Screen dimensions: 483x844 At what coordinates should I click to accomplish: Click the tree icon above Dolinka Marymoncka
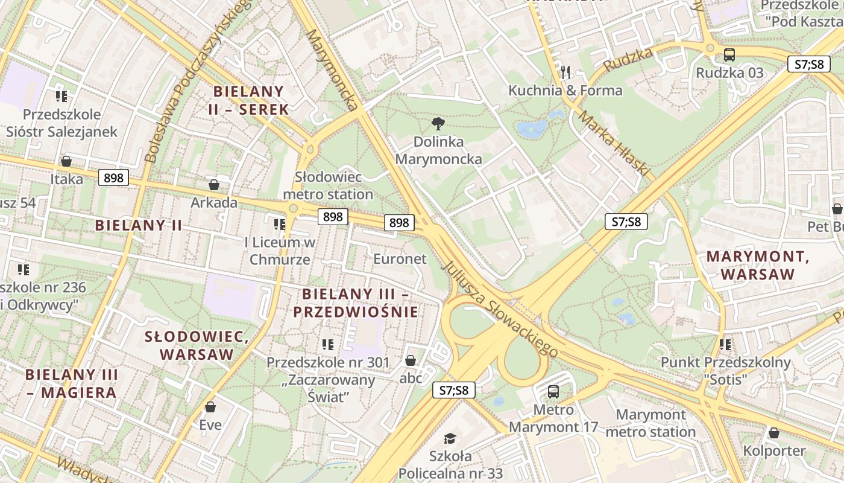438,124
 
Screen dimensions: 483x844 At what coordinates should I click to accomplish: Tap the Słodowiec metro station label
328,186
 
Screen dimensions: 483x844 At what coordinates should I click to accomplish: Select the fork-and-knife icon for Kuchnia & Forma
565,72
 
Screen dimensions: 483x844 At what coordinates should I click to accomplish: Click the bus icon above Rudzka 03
729,55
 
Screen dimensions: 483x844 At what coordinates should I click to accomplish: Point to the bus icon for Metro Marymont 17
553,391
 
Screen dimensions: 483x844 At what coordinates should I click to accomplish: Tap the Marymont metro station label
650,423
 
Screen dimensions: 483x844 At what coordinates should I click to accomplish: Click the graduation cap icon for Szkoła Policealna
450,438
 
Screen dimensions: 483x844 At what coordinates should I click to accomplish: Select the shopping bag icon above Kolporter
774,433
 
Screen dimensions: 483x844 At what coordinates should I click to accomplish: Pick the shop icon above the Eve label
210,407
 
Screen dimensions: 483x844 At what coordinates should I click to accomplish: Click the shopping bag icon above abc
411,360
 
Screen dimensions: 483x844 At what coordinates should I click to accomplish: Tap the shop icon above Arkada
213,184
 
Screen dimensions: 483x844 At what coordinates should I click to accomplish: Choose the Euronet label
400,259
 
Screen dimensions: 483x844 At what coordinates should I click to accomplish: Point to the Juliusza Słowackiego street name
500,309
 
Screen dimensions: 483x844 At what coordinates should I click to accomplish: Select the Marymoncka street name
331,69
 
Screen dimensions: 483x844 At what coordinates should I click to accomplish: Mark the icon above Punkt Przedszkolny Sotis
725,345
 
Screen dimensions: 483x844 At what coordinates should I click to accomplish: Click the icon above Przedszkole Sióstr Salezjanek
61,96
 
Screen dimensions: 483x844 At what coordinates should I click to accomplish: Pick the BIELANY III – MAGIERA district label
71,383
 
